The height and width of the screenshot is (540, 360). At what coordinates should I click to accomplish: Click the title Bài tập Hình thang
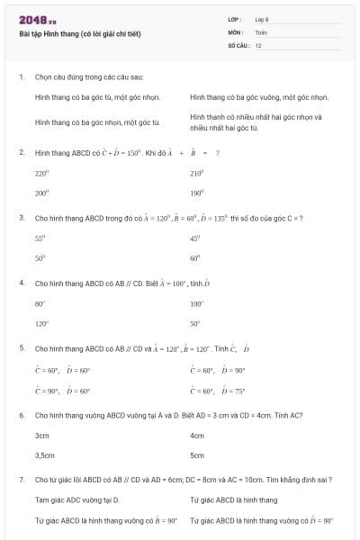coord(80,34)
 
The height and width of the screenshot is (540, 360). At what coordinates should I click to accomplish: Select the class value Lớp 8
coord(262,18)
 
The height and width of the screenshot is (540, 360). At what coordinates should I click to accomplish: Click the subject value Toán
coord(261,31)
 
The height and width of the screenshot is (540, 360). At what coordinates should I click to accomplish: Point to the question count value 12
coord(258,44)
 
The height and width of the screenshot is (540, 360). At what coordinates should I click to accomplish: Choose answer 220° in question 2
coord(41,173)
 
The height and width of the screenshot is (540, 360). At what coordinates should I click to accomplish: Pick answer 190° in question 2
coord(196,193)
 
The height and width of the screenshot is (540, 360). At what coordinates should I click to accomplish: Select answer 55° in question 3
coord(40,238)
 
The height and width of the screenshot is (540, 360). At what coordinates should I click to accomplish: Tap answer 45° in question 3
coord(194,238)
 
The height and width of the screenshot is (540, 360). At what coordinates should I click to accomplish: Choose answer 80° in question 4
coord(40,303)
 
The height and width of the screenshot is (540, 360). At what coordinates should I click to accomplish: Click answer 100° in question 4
coord(196,303)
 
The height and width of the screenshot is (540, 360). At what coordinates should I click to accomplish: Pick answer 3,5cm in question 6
coord(44,455)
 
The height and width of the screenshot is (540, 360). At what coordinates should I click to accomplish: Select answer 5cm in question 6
coord(197,455)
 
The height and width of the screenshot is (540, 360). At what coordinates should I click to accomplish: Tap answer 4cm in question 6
coord(197,435)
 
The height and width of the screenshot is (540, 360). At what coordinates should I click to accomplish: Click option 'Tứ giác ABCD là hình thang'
coord(234,499)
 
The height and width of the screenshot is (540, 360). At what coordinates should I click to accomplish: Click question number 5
coord(22,347)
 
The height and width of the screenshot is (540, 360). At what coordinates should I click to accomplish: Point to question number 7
coord(22,480)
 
